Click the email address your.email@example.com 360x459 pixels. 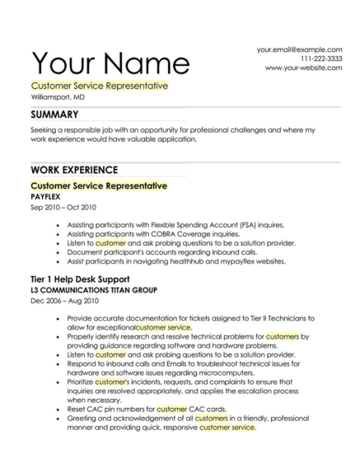tap(299, 49)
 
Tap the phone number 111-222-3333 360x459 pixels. tap(320, 59)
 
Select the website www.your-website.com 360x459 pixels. tap(303, 68)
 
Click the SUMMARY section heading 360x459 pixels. tap(54, 115)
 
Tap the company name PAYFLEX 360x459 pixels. tap(47, 198)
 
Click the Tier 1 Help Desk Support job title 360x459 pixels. tap(79, 280)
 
